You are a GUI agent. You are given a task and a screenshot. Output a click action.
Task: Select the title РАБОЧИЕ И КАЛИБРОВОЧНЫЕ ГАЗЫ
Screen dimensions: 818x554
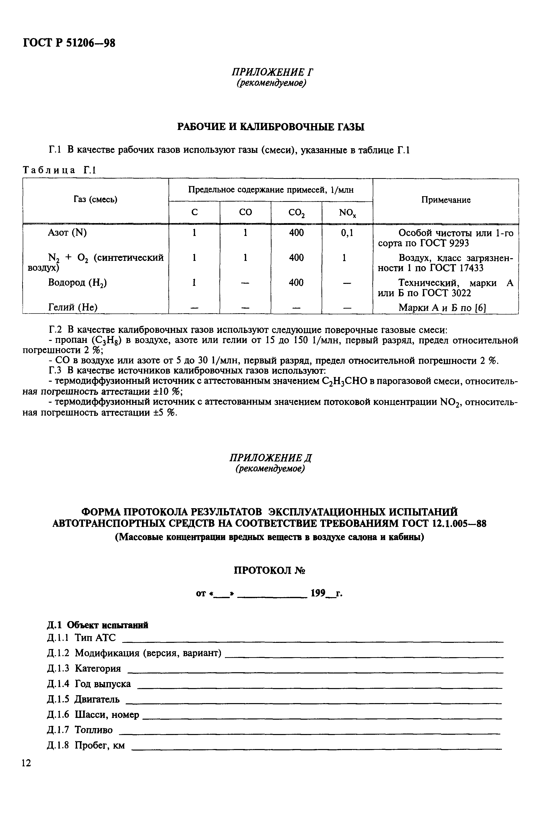[270, 127]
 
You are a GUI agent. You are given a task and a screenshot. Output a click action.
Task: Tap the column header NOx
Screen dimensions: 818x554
[347, 213]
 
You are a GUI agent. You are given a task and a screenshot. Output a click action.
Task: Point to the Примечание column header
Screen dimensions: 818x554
[445, 200]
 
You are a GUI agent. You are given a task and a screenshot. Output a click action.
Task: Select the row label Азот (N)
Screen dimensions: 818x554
[67, 233]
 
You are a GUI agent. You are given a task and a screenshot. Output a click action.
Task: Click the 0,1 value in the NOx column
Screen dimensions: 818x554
[347, 233]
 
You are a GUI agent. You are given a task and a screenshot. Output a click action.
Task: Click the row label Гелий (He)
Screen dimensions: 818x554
[73, 307]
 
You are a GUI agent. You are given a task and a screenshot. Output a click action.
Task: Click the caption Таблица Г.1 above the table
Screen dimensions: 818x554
[59, 170]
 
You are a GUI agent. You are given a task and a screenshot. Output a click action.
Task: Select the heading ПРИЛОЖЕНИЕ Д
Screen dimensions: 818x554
[271, 458]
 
